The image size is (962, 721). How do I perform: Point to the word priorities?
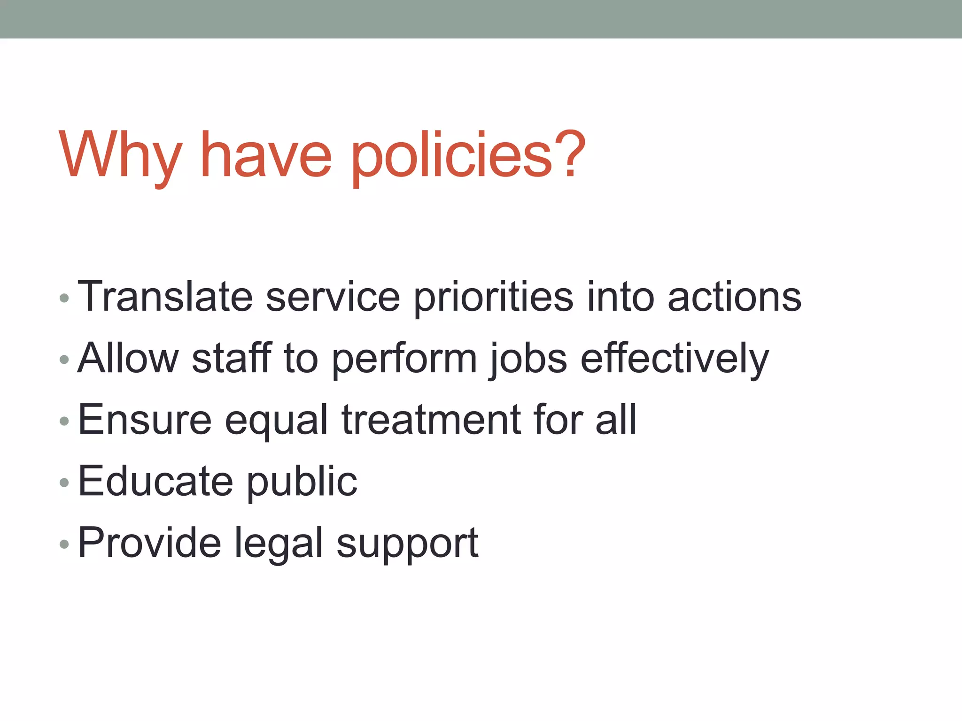coord(494,297)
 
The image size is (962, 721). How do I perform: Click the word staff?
coord(232,358)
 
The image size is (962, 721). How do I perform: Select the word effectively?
coord(675,358)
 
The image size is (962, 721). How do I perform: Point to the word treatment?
coord(431,419)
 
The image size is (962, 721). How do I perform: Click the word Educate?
coord(155,481)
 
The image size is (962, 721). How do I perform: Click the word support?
coord(407,543)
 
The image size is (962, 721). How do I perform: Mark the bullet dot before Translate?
coord(65,298)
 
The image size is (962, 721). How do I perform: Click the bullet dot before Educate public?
coord(65,483)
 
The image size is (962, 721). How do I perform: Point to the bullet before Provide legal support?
coord(65,545)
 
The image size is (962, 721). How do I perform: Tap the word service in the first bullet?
coord(333,297)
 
